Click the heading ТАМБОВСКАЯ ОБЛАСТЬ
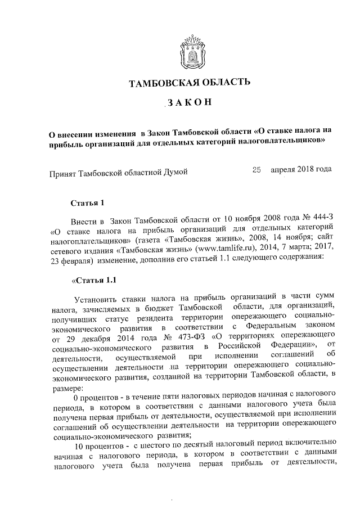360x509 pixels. [190, 84]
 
